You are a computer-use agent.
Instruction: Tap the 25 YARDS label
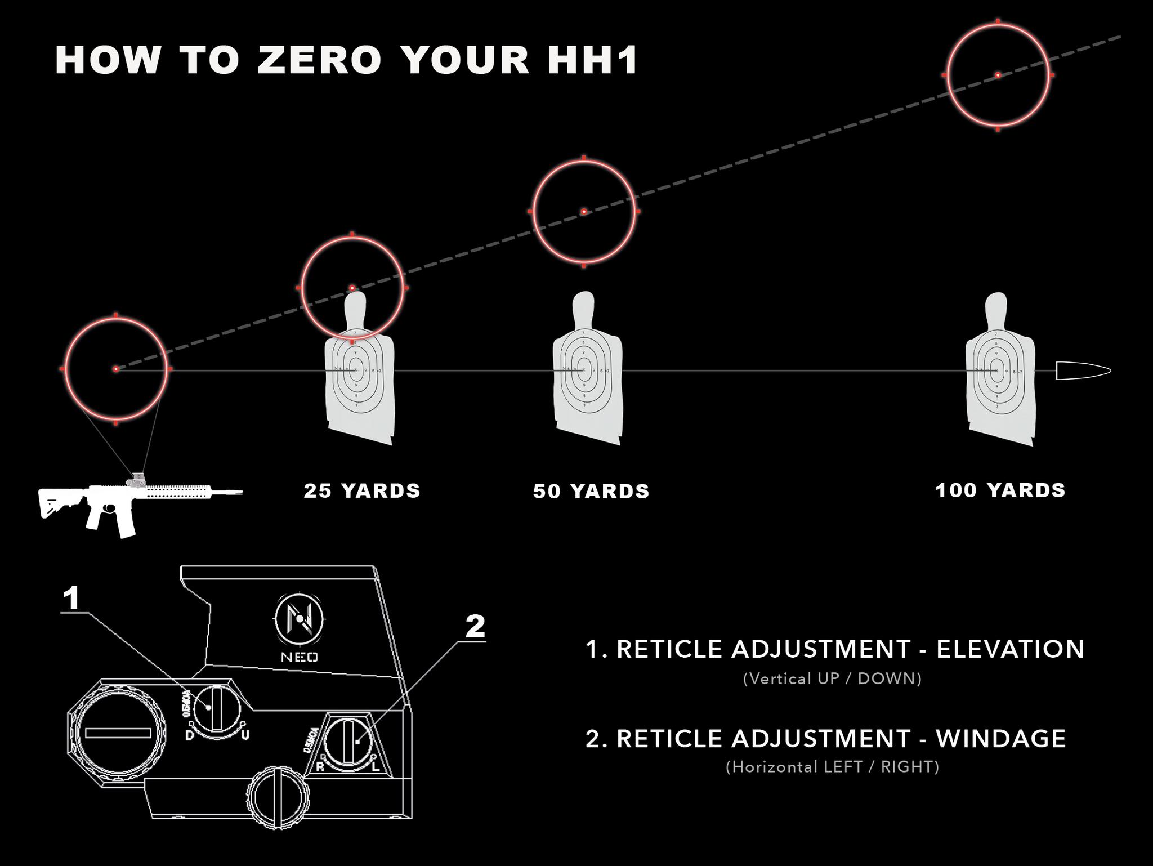[361, 491]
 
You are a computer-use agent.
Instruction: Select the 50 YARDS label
[591, 492]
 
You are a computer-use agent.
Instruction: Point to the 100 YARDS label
[1000, 490]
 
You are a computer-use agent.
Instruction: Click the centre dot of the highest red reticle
[998, 75]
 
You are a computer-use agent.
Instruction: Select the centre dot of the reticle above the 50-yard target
[584, 212]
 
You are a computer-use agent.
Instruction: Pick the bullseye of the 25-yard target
[356, 370]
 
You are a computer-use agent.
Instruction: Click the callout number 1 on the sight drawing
[71, 598]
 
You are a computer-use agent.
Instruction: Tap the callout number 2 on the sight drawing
[475, 627]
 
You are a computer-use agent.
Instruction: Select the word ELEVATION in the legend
[1010, 649]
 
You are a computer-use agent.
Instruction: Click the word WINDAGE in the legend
[1001, 739]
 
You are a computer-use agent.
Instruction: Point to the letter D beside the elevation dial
[190, 735]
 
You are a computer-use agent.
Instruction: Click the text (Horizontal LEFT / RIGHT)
[832, 767]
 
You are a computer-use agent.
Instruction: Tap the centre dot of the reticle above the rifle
[116, 369]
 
